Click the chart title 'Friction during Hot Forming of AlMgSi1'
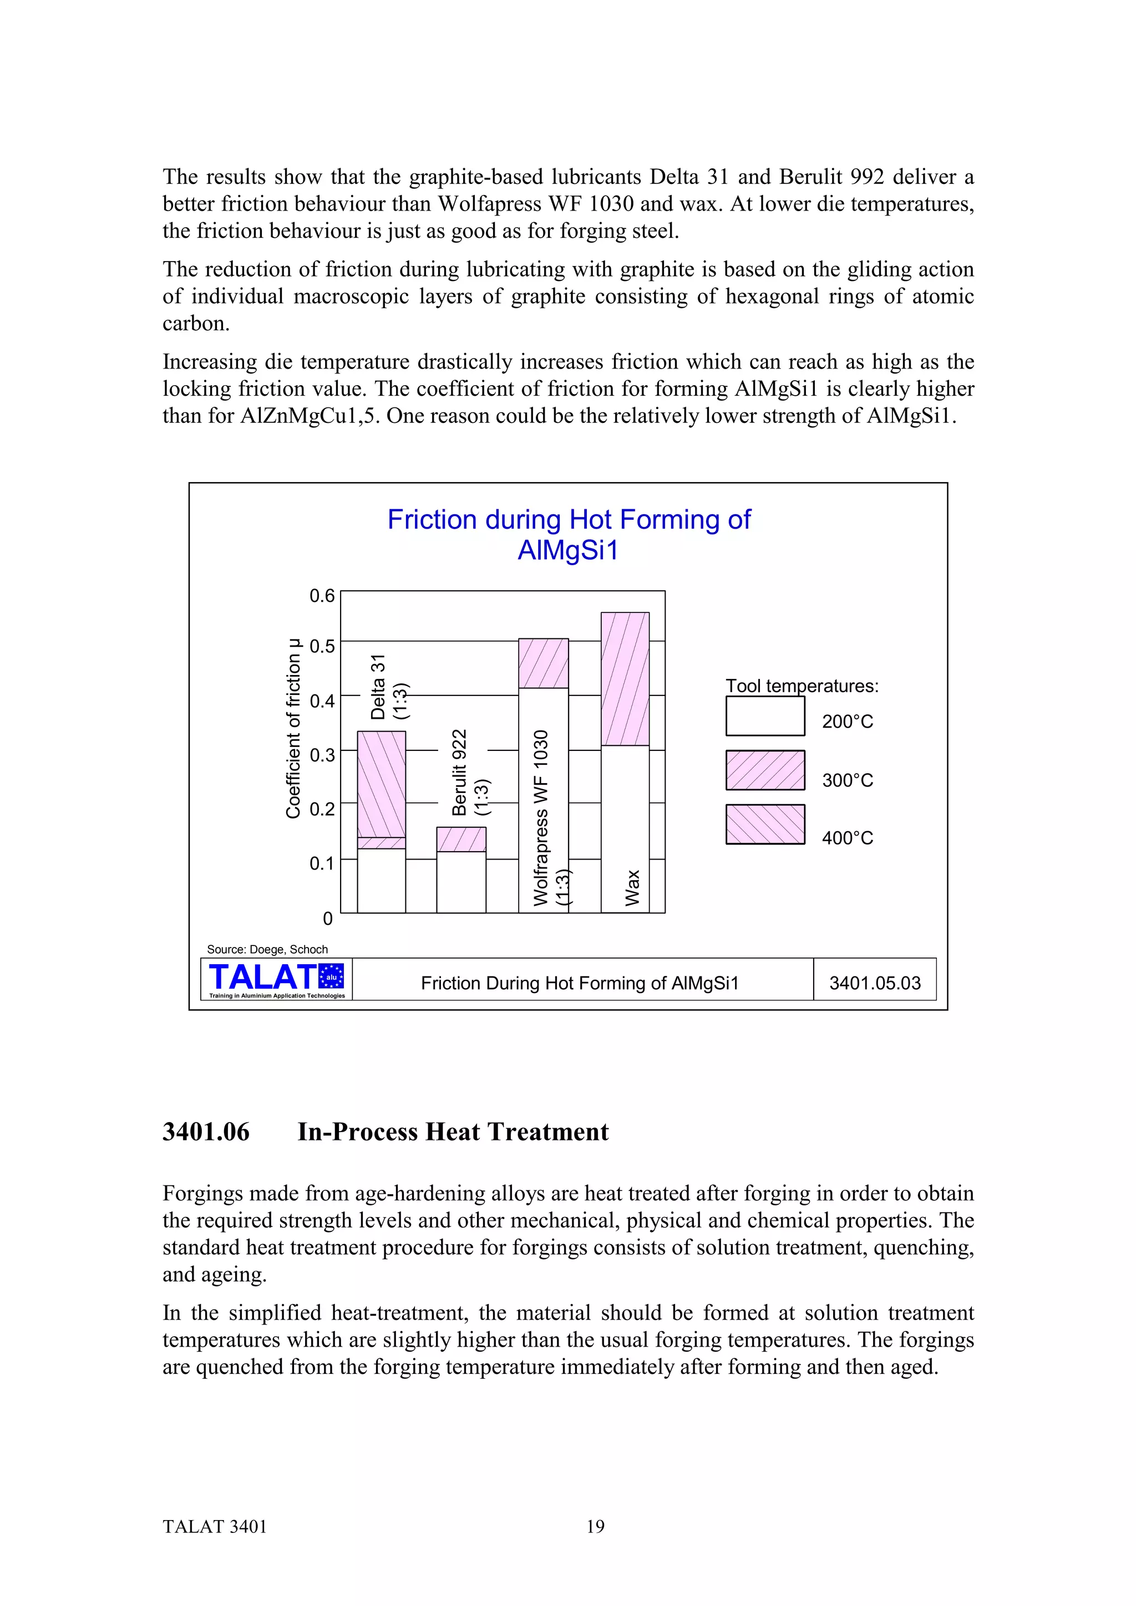tap(569, 535)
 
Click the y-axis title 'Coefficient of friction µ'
tap(293, 728)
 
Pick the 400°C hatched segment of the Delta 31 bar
tap(382, 784)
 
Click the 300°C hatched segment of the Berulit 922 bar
tap(461, 840)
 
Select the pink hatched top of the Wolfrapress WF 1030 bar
tap(543, 663)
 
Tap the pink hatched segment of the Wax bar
tap(625, 678)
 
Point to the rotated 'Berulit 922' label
tap(459, 772)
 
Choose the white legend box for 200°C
tap(765, 716)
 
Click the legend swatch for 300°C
tap(765, 770)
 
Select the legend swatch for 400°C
tap(765, 824)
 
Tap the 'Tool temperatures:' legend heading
tap(802, 686)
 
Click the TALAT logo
tap(276, 979)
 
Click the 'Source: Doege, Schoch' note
tap(267, 949)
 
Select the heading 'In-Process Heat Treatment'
tap(453, 1132)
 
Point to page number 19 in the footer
tap(595, 1526)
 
